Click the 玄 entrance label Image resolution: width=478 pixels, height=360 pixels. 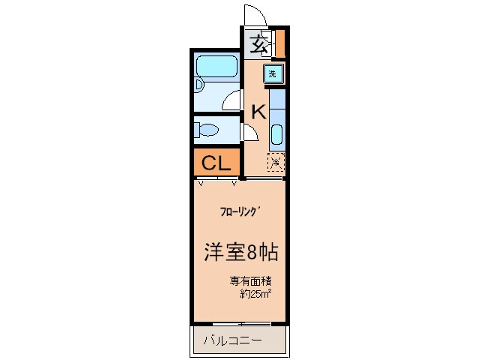[x=258, y=43]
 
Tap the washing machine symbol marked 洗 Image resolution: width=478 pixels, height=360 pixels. [x=273, y=73]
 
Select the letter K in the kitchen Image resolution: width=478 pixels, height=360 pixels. [x=258, y=112]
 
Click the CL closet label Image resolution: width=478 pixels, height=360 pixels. [x=216, y=162]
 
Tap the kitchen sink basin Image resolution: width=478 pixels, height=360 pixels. [x=276, y=136]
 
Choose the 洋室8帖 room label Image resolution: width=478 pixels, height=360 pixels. [x=241, y=252]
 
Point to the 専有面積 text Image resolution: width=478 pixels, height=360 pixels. [x=249, y=281]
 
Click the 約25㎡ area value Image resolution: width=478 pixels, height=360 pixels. [x=255, y=294]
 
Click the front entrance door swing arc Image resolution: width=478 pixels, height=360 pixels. [x=253, y=15]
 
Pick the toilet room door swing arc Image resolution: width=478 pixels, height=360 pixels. [x=250, y=133]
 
